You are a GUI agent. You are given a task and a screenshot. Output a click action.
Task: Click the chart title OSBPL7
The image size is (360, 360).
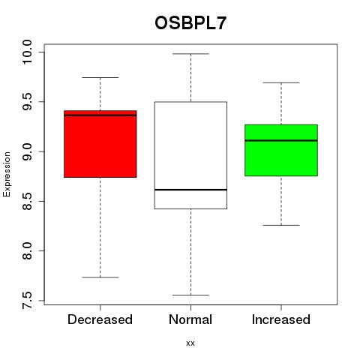[x=190, y=23]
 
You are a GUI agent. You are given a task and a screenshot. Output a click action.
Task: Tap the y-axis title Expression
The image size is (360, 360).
[x=7, y=174]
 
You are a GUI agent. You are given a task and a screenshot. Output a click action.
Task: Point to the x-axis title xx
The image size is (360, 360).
[x=190, y=343]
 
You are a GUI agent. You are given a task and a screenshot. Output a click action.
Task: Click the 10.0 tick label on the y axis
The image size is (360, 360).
[x=27, y=52]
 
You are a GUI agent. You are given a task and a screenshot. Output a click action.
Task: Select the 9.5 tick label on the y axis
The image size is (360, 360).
[x=27, y=101]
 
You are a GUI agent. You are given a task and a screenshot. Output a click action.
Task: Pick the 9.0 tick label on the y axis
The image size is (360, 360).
[x=27, y=151]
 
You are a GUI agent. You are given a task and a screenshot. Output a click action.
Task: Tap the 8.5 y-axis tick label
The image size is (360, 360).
[x=27, y=201]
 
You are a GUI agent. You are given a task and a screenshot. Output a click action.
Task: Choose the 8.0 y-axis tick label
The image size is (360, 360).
[x=27, y=250]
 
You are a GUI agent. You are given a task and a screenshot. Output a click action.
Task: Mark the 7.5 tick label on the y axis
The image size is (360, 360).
[x=27, y=300]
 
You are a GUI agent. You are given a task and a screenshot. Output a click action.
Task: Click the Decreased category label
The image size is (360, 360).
[x=100, y=319]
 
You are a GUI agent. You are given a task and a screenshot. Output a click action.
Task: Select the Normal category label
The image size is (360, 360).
[x=190, y=319]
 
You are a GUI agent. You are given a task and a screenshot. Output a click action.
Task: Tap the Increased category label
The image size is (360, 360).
[x=281, y=319]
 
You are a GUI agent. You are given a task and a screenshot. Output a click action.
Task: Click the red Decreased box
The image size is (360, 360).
[x=100, y=144]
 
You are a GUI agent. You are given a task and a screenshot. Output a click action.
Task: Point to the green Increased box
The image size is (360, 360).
[x=281, y=150]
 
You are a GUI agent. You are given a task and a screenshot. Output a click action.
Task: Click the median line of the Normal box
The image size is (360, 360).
[x=190, y=190]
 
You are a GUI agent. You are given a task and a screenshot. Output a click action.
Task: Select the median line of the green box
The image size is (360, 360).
[x=281, y=140]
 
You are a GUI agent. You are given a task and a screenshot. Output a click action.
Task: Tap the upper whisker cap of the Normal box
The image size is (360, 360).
[x=191, y=54]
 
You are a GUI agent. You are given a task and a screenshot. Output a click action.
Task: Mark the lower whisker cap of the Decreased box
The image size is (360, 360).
[x=100, y=277]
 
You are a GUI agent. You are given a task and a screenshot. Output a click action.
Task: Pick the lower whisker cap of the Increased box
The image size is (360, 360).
[x=281, y=225]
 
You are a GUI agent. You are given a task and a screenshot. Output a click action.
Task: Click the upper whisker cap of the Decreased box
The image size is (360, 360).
[x=100, y=77]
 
